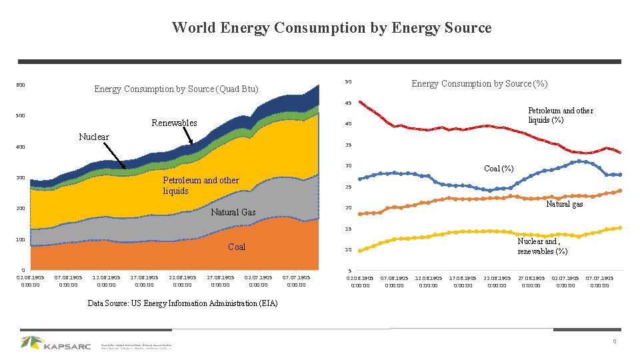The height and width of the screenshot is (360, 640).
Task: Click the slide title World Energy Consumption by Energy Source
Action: [331, 28]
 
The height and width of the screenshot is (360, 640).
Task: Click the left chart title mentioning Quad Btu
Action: [176, 89]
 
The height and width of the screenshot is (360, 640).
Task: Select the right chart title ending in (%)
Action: [479, 83]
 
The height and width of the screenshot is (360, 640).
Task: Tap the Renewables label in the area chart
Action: [174, 123]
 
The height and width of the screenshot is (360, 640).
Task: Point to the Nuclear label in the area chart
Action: [93, 137]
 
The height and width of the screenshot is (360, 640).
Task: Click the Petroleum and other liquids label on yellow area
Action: [201, 185]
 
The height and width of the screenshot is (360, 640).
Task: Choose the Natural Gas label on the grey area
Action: [233, 212]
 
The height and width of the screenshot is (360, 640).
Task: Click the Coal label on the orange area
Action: [237, 247]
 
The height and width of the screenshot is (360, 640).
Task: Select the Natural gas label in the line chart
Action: [564, 204]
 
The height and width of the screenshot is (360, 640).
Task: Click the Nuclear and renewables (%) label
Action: [543, 247]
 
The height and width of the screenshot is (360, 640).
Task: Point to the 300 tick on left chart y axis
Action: [20, 178]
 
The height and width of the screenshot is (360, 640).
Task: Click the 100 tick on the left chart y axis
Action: [20, 239]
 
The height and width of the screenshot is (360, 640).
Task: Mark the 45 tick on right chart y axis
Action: [347, 103]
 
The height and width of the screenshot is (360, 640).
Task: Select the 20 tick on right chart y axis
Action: [347, 208]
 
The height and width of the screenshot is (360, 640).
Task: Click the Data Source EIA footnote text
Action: [183, 303]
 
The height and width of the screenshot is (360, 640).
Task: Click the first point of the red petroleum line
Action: [360, 102]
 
